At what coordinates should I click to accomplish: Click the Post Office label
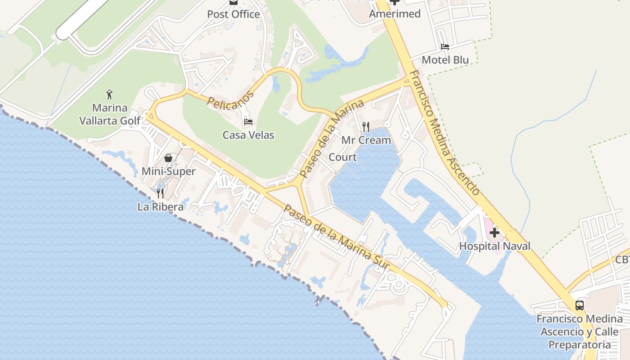(x=234, y=14)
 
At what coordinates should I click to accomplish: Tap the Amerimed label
(x=395, y=14)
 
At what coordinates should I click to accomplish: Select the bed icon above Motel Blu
(x=445, y=47)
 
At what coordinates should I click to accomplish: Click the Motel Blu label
(x=445, y=60)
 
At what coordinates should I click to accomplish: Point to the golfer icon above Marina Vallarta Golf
(x=109, y=94)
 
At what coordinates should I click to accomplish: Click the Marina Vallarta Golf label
(x=110, y=114)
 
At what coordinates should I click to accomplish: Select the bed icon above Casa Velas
(x=248, y=121)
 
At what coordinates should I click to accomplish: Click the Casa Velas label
(x=248, y=135)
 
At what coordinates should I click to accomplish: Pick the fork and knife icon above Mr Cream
(x=366, y=126)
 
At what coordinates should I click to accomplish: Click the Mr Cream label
(x=366, y=140)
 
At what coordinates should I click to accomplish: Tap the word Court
(x=342, y=157)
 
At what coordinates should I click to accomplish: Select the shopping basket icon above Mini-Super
(x=168, y=158)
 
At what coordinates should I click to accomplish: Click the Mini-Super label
(x=168, y=171)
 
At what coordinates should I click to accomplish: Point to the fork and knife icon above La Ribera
(x=160, y=193)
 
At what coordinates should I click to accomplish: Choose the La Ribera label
(x=161, y=207)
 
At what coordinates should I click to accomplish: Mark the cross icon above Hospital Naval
(x=495, y=233)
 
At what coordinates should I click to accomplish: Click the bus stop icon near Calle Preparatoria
(x=580, y=306)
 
